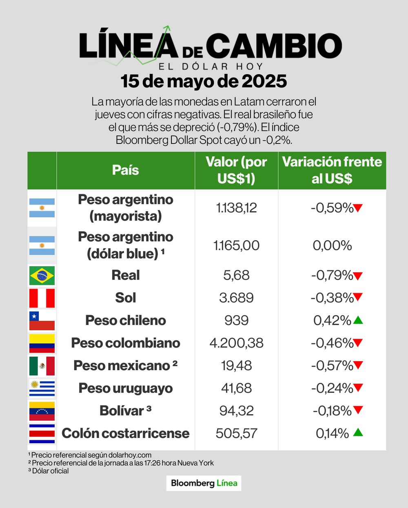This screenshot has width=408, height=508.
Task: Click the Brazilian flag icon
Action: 42,276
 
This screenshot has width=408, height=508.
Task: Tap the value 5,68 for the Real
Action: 236,275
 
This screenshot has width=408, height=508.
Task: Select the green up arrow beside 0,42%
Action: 358,320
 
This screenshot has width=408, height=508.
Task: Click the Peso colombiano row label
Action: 126,343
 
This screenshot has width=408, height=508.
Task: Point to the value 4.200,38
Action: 236,343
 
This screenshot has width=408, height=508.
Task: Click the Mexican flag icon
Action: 42,366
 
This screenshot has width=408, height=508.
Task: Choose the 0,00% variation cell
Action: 332,245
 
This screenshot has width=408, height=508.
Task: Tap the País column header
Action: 126,170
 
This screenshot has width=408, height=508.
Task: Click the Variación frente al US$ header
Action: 332,170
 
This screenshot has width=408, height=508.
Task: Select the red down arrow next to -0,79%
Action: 358,276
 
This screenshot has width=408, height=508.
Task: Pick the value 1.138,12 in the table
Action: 236,208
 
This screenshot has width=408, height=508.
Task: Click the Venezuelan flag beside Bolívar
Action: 42,411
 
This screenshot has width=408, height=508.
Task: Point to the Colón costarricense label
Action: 126,433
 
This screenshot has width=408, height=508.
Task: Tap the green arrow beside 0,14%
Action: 358,432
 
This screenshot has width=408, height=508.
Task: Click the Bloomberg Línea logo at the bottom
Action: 204,483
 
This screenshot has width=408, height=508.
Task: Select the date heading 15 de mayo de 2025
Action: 204,81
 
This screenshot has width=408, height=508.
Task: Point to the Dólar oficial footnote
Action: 49,471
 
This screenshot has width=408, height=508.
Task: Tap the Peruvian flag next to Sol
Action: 42,298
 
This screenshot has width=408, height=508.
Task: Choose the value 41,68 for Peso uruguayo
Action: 236,388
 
